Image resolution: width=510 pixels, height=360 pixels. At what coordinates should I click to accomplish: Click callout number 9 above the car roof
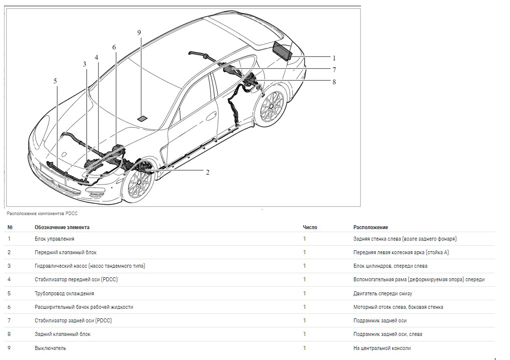click(139, 33)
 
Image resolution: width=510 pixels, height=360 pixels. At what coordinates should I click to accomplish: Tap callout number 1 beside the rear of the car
click(334, 58)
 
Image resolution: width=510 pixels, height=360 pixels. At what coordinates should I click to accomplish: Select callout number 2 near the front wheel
click(207, 172)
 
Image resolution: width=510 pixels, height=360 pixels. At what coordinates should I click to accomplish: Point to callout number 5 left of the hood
click(55, 81)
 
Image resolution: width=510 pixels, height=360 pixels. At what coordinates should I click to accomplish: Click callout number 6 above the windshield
click(114, 47)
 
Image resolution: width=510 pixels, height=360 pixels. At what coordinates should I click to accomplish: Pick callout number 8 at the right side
click(334, 82)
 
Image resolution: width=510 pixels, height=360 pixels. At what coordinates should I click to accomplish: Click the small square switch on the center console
click(142, 118)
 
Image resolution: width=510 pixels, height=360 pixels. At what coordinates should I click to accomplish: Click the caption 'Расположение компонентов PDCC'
click(43, 213)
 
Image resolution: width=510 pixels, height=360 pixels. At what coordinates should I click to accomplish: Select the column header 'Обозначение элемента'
click(62, 227)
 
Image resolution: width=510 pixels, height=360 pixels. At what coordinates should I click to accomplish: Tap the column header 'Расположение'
click(371, 227)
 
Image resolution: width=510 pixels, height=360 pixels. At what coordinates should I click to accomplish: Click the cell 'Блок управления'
click(54, 239)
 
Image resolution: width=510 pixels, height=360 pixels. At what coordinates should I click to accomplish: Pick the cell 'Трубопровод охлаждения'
click(64, 293)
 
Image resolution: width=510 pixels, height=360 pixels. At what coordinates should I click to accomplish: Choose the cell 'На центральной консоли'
click(382, 348)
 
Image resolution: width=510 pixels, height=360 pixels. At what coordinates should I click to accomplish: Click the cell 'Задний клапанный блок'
click(63, 334)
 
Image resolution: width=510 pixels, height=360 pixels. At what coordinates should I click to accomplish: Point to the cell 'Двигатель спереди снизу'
click(383, 293)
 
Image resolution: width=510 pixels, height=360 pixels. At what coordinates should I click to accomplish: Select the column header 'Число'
click(310, 227)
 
